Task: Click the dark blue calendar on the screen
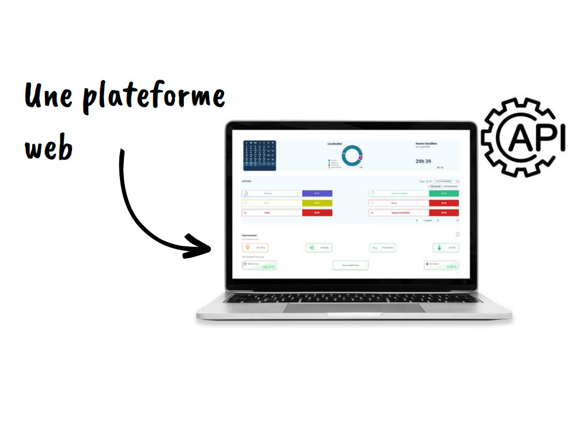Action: click(260, 155)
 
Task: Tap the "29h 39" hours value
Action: click(423, 161)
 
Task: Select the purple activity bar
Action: click(317, 193)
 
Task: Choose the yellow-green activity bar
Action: click(317, 203)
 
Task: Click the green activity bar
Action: click(444, 193)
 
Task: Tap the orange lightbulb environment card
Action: click(255, 247)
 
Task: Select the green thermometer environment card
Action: click(446, 247)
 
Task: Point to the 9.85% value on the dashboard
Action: click(451, 267)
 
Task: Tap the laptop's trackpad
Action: click(354, 308)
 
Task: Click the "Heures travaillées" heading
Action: click(426, 144)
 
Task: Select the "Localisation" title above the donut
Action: click(335, 144)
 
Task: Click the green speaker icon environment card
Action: click(319, 247)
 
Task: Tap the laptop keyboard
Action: click(353, 297)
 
